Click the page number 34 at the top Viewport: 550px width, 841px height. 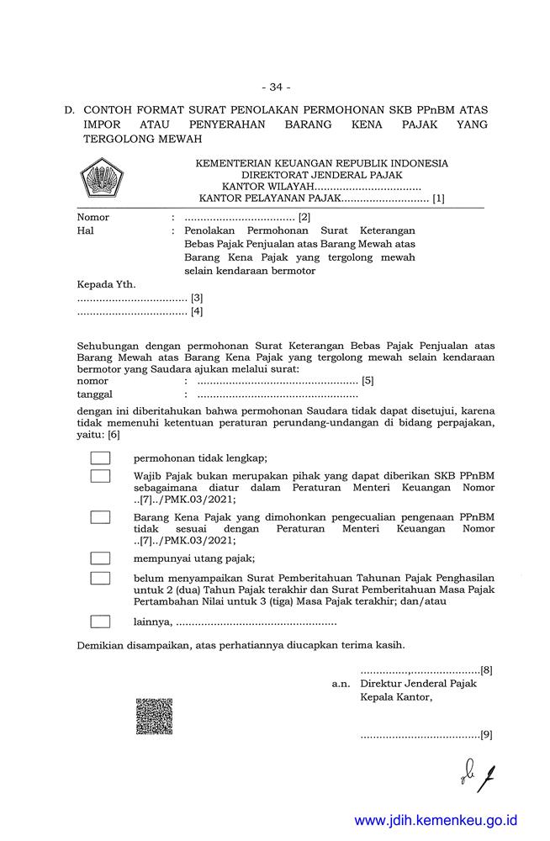275,87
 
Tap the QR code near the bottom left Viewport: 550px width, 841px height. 154,716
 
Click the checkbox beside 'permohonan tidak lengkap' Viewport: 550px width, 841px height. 100,458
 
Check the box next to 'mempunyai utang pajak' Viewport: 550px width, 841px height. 100,558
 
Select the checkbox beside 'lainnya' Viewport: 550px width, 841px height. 100,622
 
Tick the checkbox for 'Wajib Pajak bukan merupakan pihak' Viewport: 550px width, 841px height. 100,476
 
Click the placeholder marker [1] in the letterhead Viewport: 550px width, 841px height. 438,199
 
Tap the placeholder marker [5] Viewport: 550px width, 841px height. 368,380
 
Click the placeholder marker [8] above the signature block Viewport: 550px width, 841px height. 486,670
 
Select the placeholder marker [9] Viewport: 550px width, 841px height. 486,734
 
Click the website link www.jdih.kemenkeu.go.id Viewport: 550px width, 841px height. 436,820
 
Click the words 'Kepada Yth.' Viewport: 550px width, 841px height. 106,284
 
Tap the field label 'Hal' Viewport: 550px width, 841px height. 85,230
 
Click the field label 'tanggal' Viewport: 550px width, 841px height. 94,394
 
